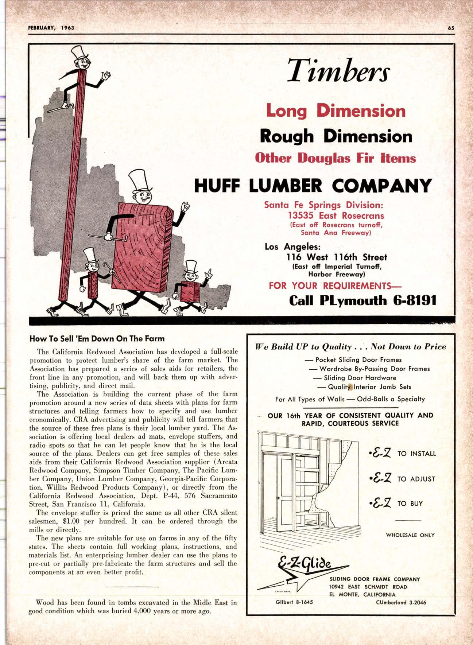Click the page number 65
click(451, 28)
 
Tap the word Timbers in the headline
click(338, 71)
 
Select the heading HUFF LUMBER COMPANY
click(313, 185)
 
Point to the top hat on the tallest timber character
click(80, 54)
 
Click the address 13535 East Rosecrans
click(336, 215)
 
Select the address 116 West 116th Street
click(337, 257)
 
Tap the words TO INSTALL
click(416, 454)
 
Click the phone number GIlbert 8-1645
click(294, 602)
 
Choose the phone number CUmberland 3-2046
click(401, 602)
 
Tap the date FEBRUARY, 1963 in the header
click(51, 28)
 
